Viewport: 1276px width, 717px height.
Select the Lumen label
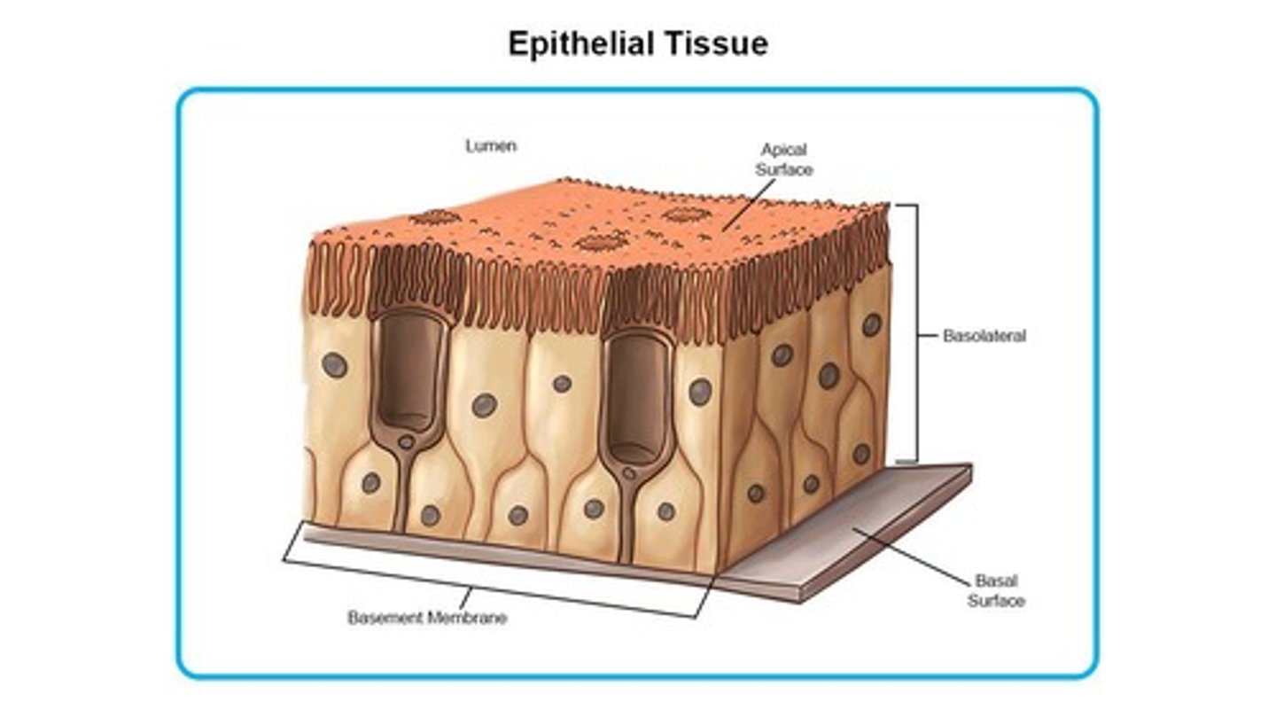(x=491, y=146)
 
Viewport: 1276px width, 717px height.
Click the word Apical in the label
(x=783, y=150)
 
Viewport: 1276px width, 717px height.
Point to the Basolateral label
(x=984, y=336)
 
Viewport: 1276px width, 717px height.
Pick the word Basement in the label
(x=386, y=618)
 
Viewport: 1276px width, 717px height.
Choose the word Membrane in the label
(x=467, y=618)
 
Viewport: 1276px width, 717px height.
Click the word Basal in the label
(x=996, y=581)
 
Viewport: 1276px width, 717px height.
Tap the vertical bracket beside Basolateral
(x=916, y=332)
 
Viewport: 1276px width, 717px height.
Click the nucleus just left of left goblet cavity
(x=334, y=364)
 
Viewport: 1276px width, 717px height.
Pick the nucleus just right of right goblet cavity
(x=700, y=391)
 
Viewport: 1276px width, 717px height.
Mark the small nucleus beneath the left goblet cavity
(x=405, y=440)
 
